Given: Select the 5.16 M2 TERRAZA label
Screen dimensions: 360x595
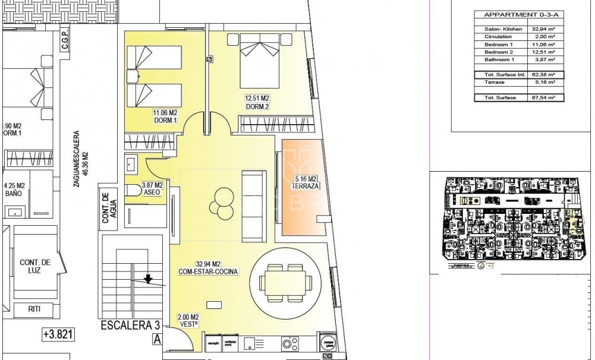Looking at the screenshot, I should click(x=307, y=182).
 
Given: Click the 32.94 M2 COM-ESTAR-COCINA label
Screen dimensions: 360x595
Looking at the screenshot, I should click(x=209, y=268).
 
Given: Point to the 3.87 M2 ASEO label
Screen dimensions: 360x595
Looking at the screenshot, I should click(x=152, y=189).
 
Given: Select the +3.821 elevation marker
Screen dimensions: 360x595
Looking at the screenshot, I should click(x=58, y=334).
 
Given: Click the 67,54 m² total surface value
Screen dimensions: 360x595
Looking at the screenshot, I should click(x=543, y=97).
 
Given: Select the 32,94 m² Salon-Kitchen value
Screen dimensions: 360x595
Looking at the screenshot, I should click(x=543, y=29).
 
